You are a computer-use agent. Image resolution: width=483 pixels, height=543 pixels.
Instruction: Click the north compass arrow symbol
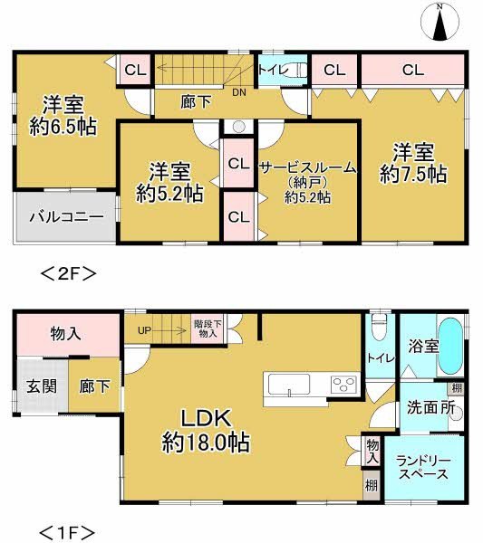(440, 23)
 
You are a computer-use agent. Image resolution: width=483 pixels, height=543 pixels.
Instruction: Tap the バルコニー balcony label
(64, 217)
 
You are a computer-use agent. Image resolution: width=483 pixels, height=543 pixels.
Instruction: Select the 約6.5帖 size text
(63, 128)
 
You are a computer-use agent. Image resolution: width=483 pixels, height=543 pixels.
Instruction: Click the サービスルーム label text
(307, 167)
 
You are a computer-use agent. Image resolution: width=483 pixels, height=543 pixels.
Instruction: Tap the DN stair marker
(239, 91)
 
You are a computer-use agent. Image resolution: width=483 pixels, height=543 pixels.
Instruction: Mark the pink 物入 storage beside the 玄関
(65, 334)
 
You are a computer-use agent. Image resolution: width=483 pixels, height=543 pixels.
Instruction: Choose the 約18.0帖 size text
(208, 443)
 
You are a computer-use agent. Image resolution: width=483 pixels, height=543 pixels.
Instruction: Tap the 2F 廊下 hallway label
(197, 102)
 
